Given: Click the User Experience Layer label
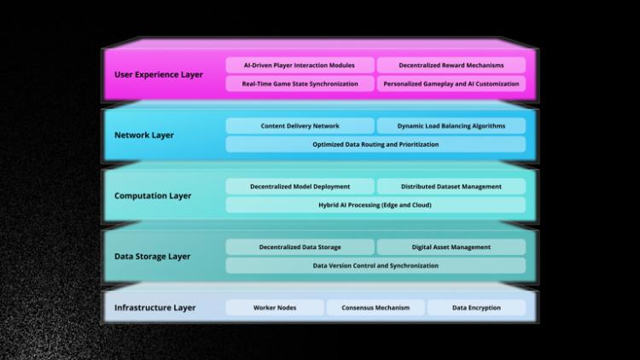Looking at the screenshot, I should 159,74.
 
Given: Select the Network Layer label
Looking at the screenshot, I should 144,135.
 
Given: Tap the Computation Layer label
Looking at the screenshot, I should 153,195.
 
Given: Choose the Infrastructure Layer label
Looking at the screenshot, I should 155,307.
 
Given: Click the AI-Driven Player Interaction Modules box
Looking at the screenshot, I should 300,65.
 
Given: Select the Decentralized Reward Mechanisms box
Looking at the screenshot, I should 451,65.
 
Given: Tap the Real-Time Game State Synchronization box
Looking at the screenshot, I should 300,84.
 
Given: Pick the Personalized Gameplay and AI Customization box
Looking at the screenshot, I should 451,84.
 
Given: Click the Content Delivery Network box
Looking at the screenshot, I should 300,125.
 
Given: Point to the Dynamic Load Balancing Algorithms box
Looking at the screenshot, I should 451,125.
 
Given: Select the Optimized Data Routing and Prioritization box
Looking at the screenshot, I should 375,144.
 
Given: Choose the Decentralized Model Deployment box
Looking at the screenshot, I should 300,186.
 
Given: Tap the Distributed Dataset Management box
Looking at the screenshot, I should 451,186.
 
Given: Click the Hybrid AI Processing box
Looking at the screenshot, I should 375,205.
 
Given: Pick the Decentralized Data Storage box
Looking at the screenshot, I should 300,247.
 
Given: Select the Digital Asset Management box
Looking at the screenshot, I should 451,247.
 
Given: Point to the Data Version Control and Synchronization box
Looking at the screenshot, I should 375,265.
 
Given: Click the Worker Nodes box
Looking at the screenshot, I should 275,307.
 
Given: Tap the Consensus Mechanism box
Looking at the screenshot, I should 375,307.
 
